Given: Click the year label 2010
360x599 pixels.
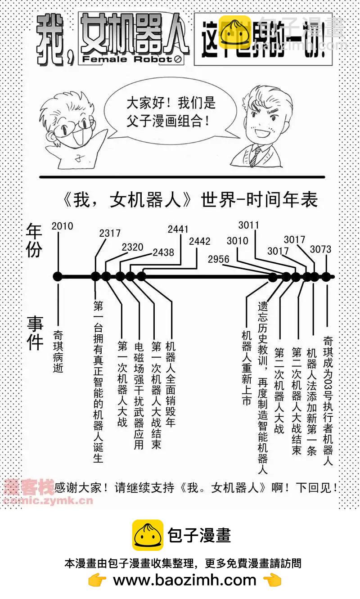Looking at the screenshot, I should coord(62,226).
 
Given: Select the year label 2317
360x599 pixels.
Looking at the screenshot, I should coord(110,233).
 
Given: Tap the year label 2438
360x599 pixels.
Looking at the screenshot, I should coord(163,252).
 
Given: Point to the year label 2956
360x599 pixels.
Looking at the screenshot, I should coord(219,259).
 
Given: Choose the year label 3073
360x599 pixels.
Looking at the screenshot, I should coord(320,249).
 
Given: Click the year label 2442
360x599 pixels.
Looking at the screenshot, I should coord(199,241).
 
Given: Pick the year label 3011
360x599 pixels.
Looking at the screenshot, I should coord(249,225).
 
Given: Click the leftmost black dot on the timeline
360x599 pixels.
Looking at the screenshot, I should coord(57,277).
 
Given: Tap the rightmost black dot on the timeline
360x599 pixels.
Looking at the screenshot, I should coord(326,277).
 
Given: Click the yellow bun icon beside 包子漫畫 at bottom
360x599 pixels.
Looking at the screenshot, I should coord(148,535).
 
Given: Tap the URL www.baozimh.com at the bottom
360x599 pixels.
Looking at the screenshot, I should coord(184,580).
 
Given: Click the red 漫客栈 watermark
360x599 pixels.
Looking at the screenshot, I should coord(29,486).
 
